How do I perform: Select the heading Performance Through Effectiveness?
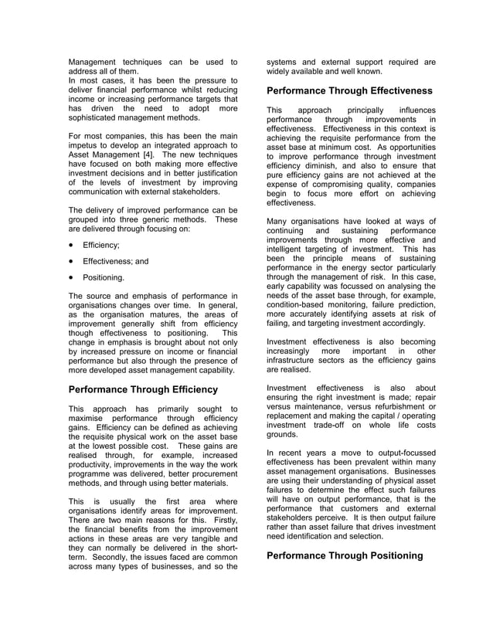(349, 90)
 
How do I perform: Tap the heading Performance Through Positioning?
(345, 555)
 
